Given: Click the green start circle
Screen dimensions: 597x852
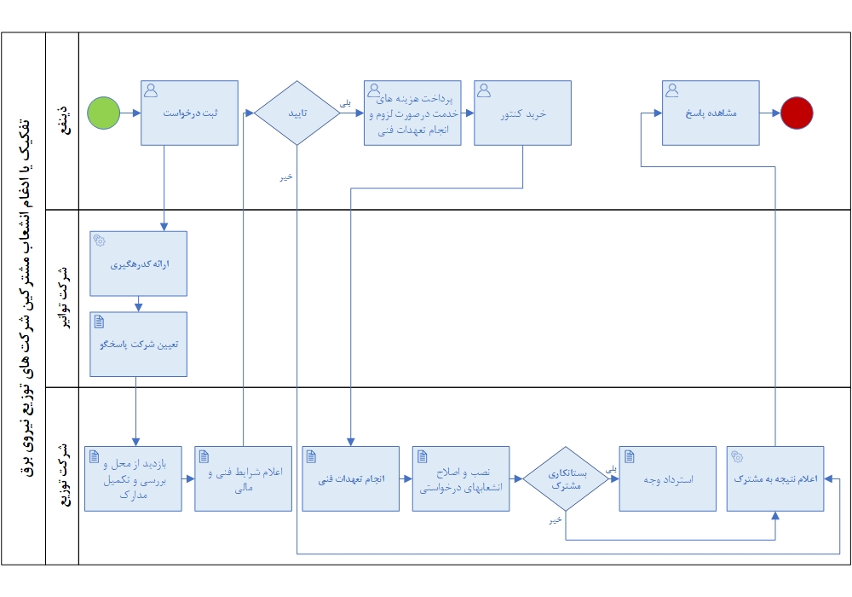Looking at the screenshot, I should (x=103, y=113).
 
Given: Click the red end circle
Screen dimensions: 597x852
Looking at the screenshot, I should (x=797, y=113).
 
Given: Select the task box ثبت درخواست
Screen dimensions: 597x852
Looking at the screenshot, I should (x=189, y=113).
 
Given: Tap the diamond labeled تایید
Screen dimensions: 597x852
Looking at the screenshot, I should (x=296, y=113).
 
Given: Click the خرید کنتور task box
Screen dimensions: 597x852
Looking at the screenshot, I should (x=522, y=113).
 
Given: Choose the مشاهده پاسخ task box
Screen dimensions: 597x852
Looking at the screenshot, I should (x=711, y=113).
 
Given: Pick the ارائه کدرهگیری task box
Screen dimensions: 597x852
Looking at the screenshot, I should (x=138, y=264).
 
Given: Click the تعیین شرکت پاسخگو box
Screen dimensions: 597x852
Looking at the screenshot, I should (x=138, y=345).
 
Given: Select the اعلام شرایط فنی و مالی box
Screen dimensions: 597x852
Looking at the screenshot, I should (x=243, y=478).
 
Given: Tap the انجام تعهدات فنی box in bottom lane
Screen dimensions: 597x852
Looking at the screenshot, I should (x=350, y=478).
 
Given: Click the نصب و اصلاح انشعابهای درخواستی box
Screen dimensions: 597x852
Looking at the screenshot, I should (x=460, y=478).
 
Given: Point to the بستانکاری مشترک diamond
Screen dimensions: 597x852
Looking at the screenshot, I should (x=566, y=478).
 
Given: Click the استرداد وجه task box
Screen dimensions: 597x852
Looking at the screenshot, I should (x=667, y=478).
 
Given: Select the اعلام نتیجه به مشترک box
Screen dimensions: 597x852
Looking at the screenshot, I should (x=775, y=478).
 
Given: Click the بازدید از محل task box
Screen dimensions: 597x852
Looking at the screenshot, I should (x=133, y=478).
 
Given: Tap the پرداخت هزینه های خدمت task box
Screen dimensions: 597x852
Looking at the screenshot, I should (x=412, y=113).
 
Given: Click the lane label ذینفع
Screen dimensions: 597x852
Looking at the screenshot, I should (x=61, y=120).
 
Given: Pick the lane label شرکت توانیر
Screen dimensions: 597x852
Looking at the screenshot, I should (x=61, y=298).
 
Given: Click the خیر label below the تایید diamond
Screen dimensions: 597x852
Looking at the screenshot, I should (x=287, y=177).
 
